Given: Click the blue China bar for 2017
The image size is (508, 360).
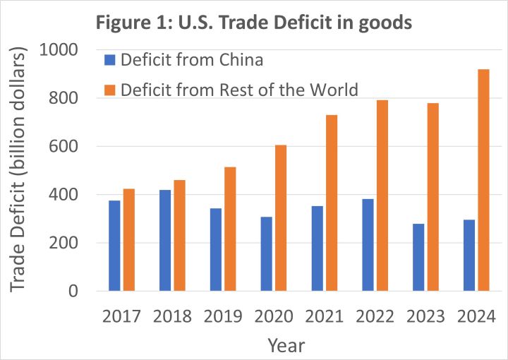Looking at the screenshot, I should (114, 246).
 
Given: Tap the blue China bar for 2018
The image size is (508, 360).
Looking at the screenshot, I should (165, 240).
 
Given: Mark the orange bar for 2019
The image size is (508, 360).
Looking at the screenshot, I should (230, 229).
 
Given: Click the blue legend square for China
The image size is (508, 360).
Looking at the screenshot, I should (109, 59).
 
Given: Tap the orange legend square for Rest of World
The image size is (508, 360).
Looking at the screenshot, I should (109, 90).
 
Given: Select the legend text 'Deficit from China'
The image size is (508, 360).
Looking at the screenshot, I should (192, 59).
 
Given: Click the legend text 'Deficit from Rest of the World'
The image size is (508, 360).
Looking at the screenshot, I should (239, 90).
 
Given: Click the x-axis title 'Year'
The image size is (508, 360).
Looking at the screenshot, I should (286, 345).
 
